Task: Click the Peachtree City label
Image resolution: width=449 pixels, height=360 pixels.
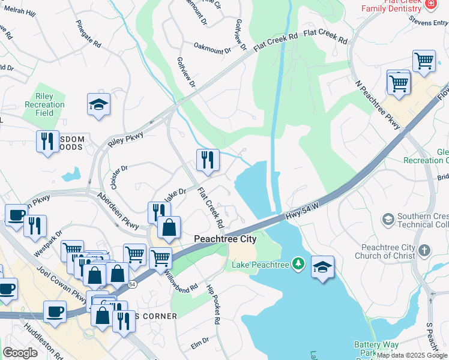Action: (x=225, y=239)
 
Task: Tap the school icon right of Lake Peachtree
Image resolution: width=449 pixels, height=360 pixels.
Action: (x=322, y=267)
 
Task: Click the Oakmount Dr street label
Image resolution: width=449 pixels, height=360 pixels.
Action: (x=212, y=49)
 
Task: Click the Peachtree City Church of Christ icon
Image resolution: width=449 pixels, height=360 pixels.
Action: (x=424, y=250)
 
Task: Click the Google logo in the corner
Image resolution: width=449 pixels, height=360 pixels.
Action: (x=20, y=353)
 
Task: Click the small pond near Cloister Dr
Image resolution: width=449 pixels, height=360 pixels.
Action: (x=71, y=175)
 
